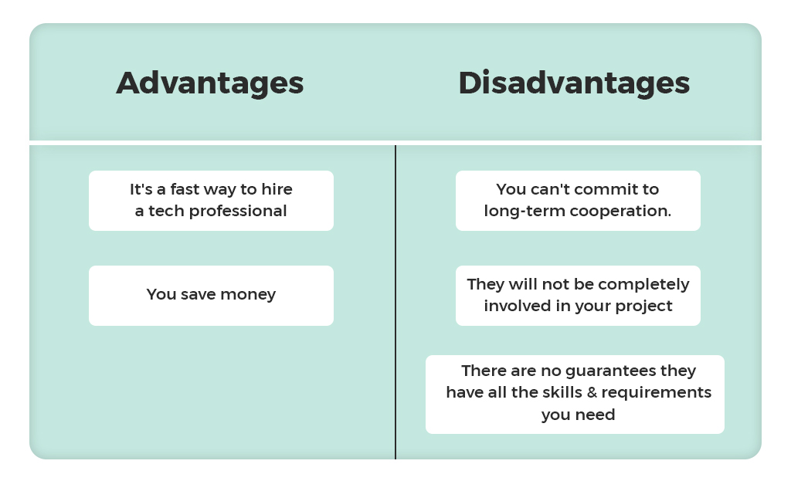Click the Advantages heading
(210, 83)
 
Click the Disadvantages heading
(574, 83)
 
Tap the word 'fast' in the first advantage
(184, 189)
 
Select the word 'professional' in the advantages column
(238, 212)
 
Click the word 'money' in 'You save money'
(248, 294)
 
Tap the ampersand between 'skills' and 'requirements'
(592, 393)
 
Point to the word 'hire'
(277, 189)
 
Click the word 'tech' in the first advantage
(165, 212)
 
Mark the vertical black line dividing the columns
(395, 302)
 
